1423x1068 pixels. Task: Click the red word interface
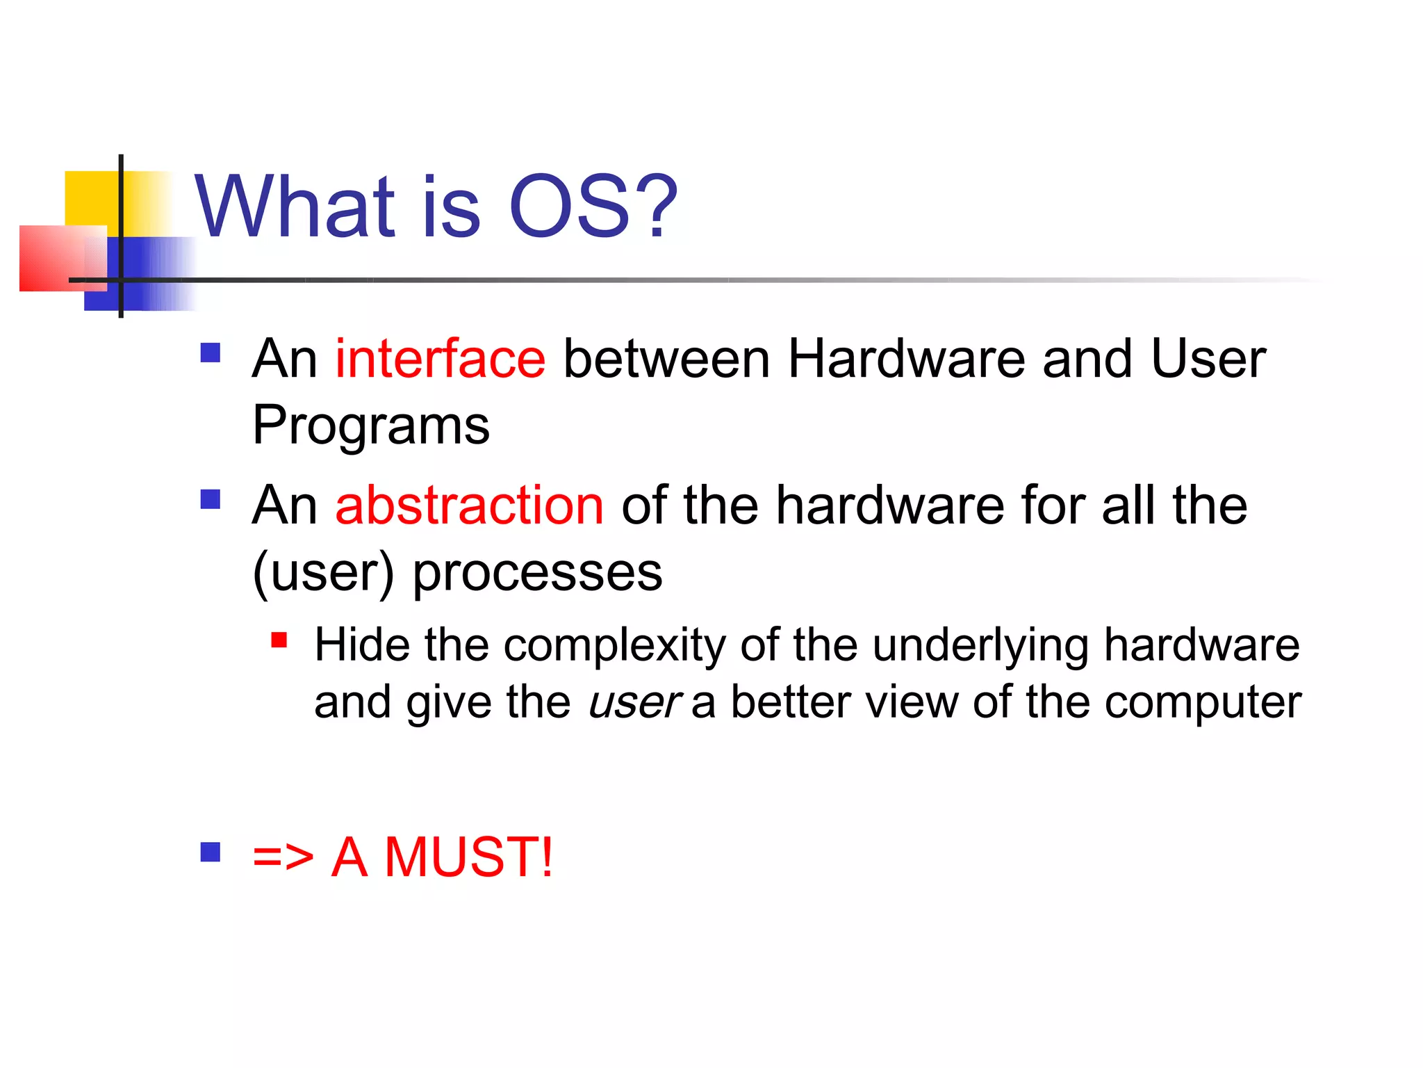440,359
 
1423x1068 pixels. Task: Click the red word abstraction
469,505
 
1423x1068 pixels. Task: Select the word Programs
371,426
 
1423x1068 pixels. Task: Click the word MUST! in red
469,857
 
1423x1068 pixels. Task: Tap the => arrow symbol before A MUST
283,857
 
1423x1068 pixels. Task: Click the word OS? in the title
593,207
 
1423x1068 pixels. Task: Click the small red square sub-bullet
279,640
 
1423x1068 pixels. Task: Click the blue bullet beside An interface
210,353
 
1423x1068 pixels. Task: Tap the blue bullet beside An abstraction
210,499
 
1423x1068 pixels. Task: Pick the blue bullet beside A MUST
210,852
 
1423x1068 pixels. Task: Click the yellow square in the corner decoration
90,197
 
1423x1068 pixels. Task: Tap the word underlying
980,645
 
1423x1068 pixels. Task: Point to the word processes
537,573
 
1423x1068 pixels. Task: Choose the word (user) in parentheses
323,573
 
